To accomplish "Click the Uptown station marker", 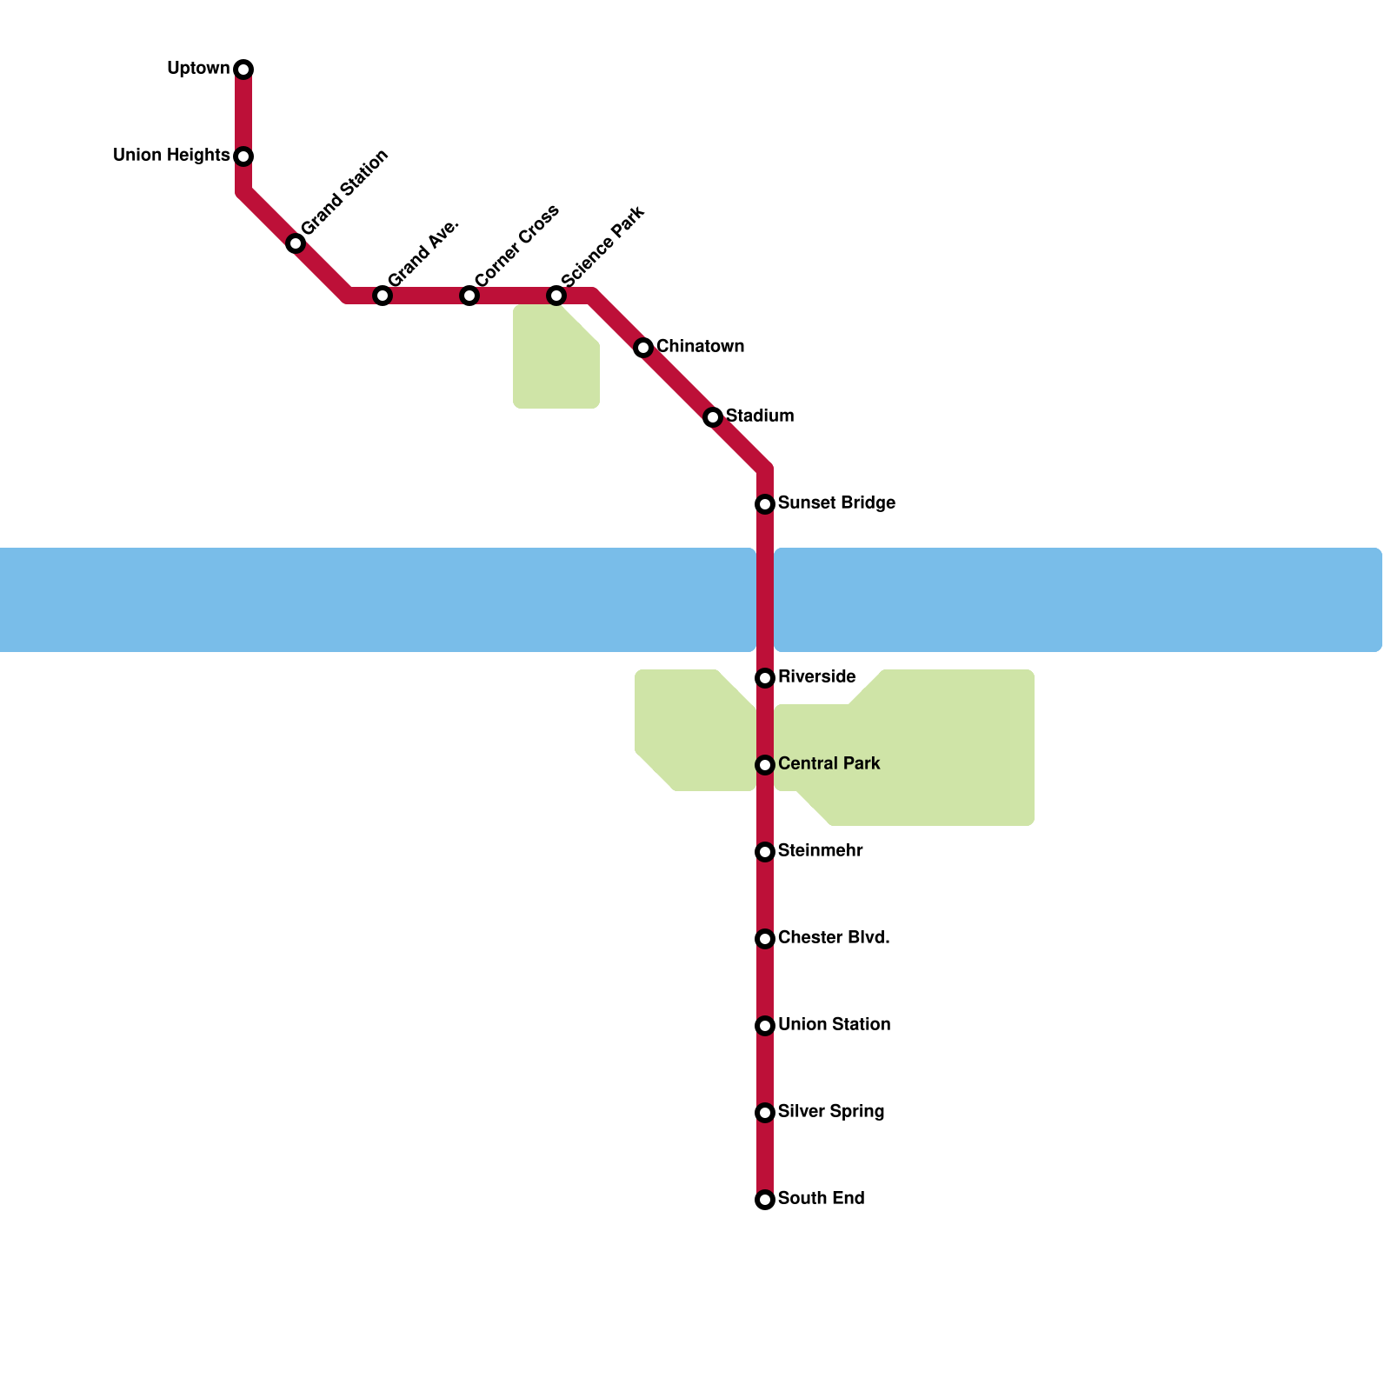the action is [x=243, y=70].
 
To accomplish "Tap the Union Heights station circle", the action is [x=243, y=156].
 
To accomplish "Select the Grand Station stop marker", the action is [x=296, y=243].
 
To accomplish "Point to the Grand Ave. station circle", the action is [x=383, y=296].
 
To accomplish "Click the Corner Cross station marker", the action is [x=469, y=296].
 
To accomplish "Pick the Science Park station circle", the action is [x=556, y=296].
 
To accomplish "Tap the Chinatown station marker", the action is [x=643, y=348].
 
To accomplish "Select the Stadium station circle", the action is [x=713, y=417].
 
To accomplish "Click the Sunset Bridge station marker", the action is [x=765, y=504].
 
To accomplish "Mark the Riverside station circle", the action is [x=765, y=678].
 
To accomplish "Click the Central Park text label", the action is [x=829, y=763].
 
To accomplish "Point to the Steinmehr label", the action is [x=820, y=850].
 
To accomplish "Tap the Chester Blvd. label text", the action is [x=833, y=937].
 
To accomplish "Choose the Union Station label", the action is [x=834, y=1024].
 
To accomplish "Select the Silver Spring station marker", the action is [x=765, y=1113].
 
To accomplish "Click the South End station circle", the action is [x=765, y=1200].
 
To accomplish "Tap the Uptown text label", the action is [x=198, y=68].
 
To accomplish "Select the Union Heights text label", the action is [x=171, y=155].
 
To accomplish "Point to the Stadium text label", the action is [x=759, y=416].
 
